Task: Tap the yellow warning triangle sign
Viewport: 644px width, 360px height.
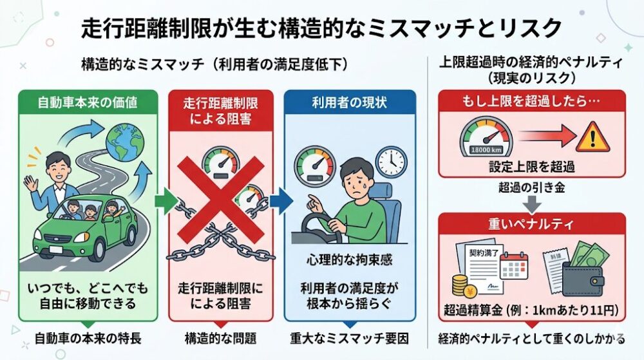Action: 592,137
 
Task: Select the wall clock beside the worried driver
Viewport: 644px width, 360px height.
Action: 392,161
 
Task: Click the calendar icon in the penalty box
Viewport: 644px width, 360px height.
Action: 514,266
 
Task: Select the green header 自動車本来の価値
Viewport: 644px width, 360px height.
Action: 88,102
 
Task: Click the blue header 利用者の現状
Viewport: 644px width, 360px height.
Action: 350,102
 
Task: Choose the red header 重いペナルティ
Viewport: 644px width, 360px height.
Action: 531,224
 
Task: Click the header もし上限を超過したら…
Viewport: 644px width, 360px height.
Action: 531,100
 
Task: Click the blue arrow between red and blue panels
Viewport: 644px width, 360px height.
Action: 282,201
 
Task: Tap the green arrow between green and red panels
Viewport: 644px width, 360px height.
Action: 166,201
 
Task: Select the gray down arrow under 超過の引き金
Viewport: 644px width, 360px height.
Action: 531,204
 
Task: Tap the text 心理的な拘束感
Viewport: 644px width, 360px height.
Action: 350,260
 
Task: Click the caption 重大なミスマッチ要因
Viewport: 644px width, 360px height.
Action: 350,339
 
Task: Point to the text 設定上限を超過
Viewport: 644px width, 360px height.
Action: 531,167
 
